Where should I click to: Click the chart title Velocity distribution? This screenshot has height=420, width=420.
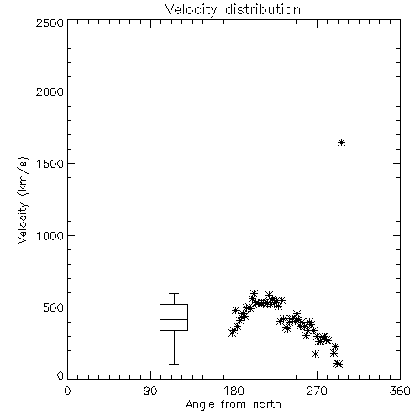click(233, 9)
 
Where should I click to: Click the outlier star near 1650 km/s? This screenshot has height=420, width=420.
click(341, 143)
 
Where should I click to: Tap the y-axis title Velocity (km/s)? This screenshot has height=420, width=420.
click(23, 200)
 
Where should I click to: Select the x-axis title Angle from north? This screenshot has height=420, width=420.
click(233, 404)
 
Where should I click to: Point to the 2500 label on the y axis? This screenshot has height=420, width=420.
click(50, 23)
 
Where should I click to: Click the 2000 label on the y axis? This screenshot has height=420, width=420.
click(50, 92)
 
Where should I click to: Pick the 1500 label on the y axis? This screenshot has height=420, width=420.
click(50, 164)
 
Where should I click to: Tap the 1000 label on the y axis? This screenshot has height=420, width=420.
click(50, 236)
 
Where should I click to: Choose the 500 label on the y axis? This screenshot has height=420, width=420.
click(54, 307)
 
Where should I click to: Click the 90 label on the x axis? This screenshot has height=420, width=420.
click(150, 391)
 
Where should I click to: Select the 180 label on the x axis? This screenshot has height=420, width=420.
click(234, 391)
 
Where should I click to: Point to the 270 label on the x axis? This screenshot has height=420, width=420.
click(317, 391)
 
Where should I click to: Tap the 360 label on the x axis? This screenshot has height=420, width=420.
click(400, 391)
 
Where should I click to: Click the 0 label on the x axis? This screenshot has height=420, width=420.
click(67, 391)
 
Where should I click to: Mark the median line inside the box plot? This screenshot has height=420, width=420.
click(174, 319)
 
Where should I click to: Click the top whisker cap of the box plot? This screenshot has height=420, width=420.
click(174, 293)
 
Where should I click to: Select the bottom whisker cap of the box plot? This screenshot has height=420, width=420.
click(174, 364)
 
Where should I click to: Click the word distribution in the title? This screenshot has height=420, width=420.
click(263, 9)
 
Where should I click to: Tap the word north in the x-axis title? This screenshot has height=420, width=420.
click(267, 404)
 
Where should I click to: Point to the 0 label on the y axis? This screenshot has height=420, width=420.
click(60, 375)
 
